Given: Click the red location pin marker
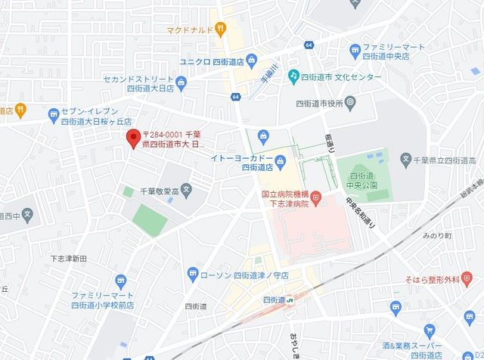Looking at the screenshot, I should click(x=133, y=138).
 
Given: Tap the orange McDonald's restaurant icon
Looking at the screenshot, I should click(x=220, y=30).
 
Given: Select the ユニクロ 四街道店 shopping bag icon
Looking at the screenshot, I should click(x=252, y=61).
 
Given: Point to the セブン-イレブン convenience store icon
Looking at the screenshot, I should click(x=53, y=116).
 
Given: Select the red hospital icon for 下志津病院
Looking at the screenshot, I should click(x=316, y=198).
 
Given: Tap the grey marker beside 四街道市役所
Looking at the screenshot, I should click(x=351, y=102).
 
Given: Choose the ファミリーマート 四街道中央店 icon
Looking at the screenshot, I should click(x=355, y=51).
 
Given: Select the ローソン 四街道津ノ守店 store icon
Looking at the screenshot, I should click(x=193, y=274).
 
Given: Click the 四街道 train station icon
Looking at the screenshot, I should click(x=291, y=299).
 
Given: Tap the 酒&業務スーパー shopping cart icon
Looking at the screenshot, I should click(x=430, y=331).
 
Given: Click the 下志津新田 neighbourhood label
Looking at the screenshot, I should click(x=68, y=259).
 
